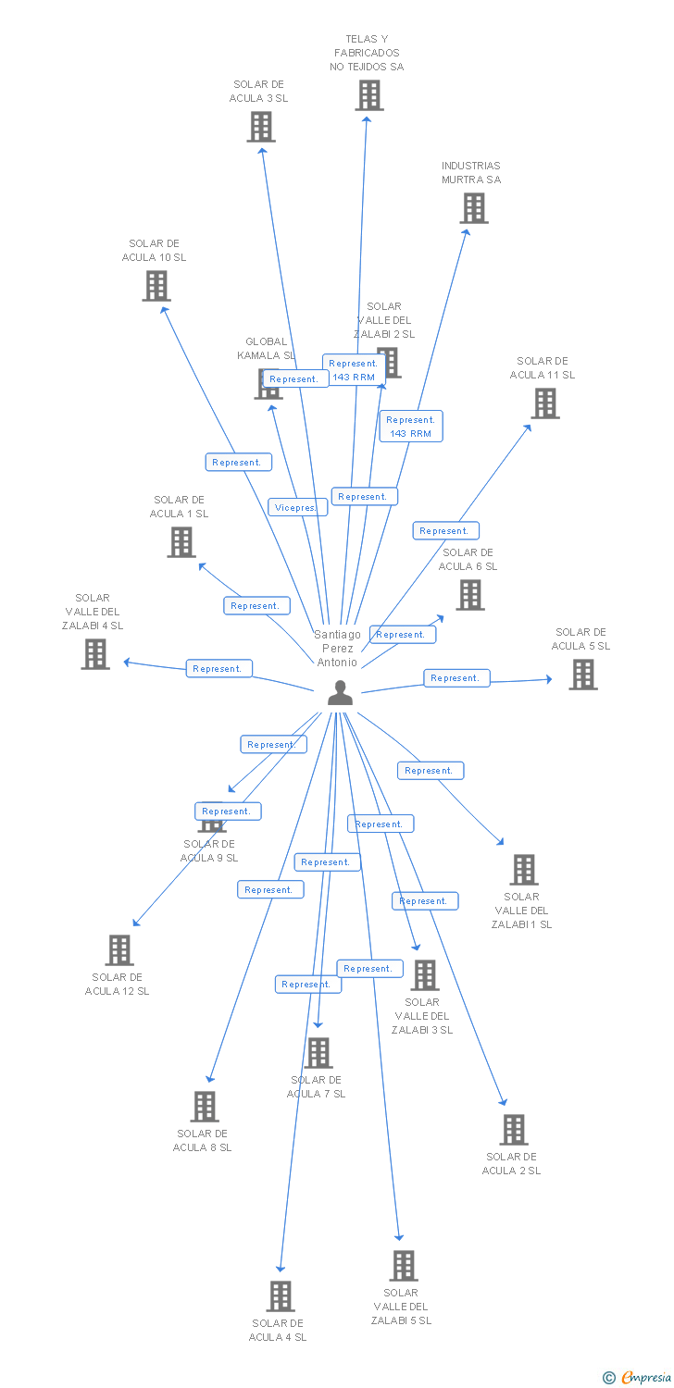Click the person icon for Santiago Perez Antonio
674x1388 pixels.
click(340, 693)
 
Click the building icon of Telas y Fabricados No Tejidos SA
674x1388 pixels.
click(368, 95)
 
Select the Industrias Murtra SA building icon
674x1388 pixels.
click(474, 208)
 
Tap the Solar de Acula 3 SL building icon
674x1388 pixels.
click(261, 127)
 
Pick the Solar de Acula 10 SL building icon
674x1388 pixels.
click(156, 286)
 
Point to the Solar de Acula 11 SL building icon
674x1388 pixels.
click(545, 403)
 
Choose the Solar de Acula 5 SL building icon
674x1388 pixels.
click(583, 675)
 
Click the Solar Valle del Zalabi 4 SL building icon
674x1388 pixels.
click(94, 654)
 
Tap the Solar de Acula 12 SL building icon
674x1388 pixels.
click(119, 950)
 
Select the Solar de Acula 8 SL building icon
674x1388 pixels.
click(205, 1107)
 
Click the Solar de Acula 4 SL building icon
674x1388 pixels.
click(281, 1296)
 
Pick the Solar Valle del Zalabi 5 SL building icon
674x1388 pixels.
click(403, 1266)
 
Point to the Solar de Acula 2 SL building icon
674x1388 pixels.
click(514, 1130)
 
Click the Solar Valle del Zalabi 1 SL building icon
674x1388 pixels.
click(524, 870)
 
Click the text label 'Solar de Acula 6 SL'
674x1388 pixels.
click(468, 560)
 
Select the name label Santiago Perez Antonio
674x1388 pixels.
click(337, 648)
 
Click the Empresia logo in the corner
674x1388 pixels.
click(640, 1378)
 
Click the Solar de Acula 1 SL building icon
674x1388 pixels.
click(181, 542)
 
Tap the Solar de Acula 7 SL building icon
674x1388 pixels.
click(318, 1053)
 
